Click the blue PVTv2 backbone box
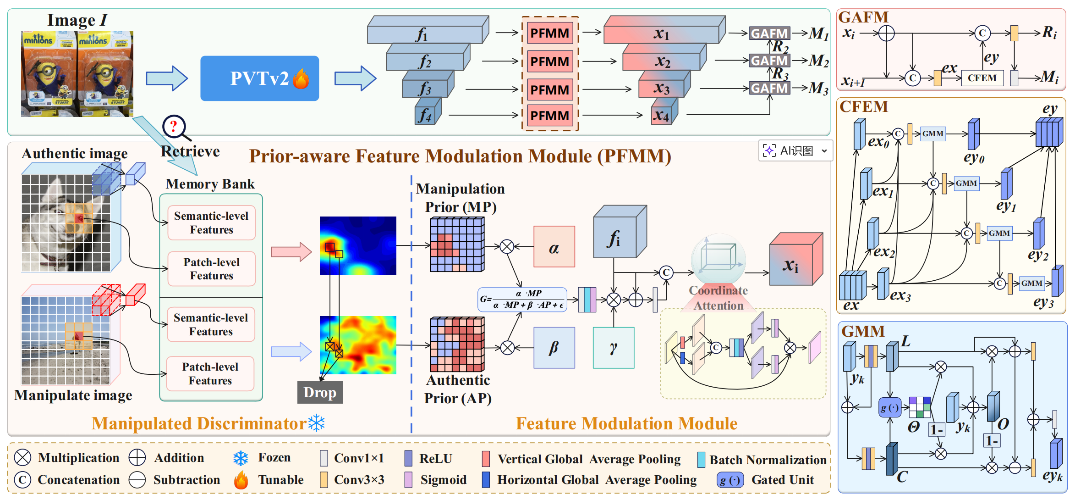tap(259, 78)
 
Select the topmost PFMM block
tap(550, 33)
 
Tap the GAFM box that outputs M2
tap(769, 61)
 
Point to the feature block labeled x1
tap(662, 33)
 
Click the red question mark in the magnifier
tap(173, 126)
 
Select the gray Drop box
tap(320, 392)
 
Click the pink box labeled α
tap(554, 246)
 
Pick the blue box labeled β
tap(554, 348)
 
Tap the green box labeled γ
tap(614, 348)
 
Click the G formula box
tap(522, 300)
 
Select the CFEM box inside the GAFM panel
tap(982, 78)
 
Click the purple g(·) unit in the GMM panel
tap(889, 407)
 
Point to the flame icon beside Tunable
tap(241, 480)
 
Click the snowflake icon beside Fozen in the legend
tap(241, 458)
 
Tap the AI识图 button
tap(795, 150)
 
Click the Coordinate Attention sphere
tap(718, 260)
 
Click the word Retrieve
tap(190, 151)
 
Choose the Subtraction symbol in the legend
tap(137, 480)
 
